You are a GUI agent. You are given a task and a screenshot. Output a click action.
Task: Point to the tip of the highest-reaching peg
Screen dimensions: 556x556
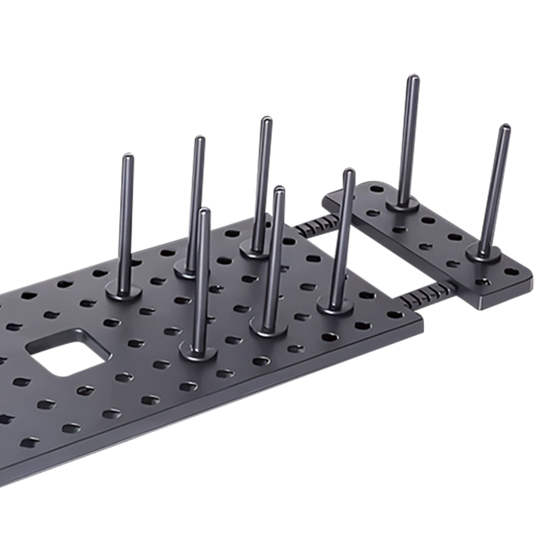click(413, 79)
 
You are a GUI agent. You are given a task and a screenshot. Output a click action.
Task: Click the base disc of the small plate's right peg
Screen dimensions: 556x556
click(483, 253)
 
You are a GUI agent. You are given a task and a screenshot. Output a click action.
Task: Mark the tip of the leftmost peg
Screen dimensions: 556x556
click(127, 157)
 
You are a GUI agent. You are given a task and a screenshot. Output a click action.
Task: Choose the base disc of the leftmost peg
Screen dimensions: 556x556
click(124, 291)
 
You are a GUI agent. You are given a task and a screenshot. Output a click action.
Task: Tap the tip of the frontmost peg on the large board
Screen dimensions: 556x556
click(204, 211)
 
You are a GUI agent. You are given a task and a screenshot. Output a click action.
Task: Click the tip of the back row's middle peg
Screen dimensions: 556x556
click(199, 139)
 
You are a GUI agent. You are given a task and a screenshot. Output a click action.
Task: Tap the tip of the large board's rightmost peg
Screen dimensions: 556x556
click(349, 171)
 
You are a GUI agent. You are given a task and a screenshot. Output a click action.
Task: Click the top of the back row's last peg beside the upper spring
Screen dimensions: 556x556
click(266, 120)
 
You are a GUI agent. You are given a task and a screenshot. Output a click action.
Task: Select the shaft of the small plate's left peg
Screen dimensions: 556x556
click(409, 139)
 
